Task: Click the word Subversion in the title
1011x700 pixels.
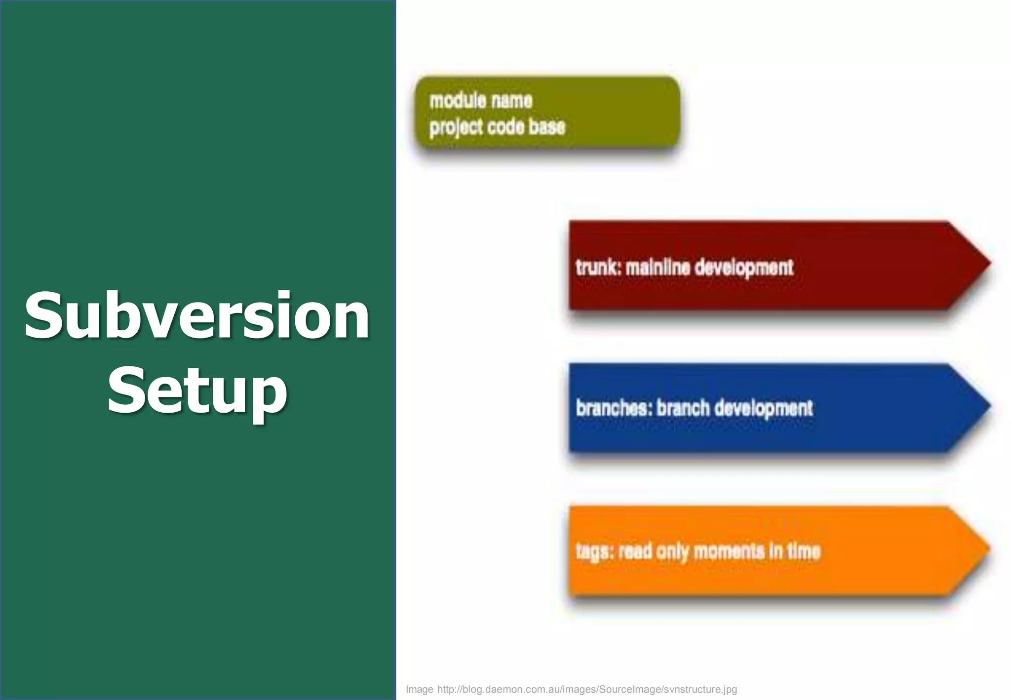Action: (x=197, y=316)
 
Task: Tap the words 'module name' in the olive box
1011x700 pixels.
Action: (x=481, y=101)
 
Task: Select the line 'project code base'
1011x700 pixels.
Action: (x=497, y=127)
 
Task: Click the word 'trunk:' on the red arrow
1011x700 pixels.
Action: (x=598, y=268)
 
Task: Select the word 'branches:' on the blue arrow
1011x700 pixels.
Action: (x=614, y=408)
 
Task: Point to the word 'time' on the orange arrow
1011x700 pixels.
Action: (x=803, y=550)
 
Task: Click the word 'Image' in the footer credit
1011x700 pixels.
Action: (x=419, y=690)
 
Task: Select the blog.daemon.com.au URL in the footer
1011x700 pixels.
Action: (x=587, y=690)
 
